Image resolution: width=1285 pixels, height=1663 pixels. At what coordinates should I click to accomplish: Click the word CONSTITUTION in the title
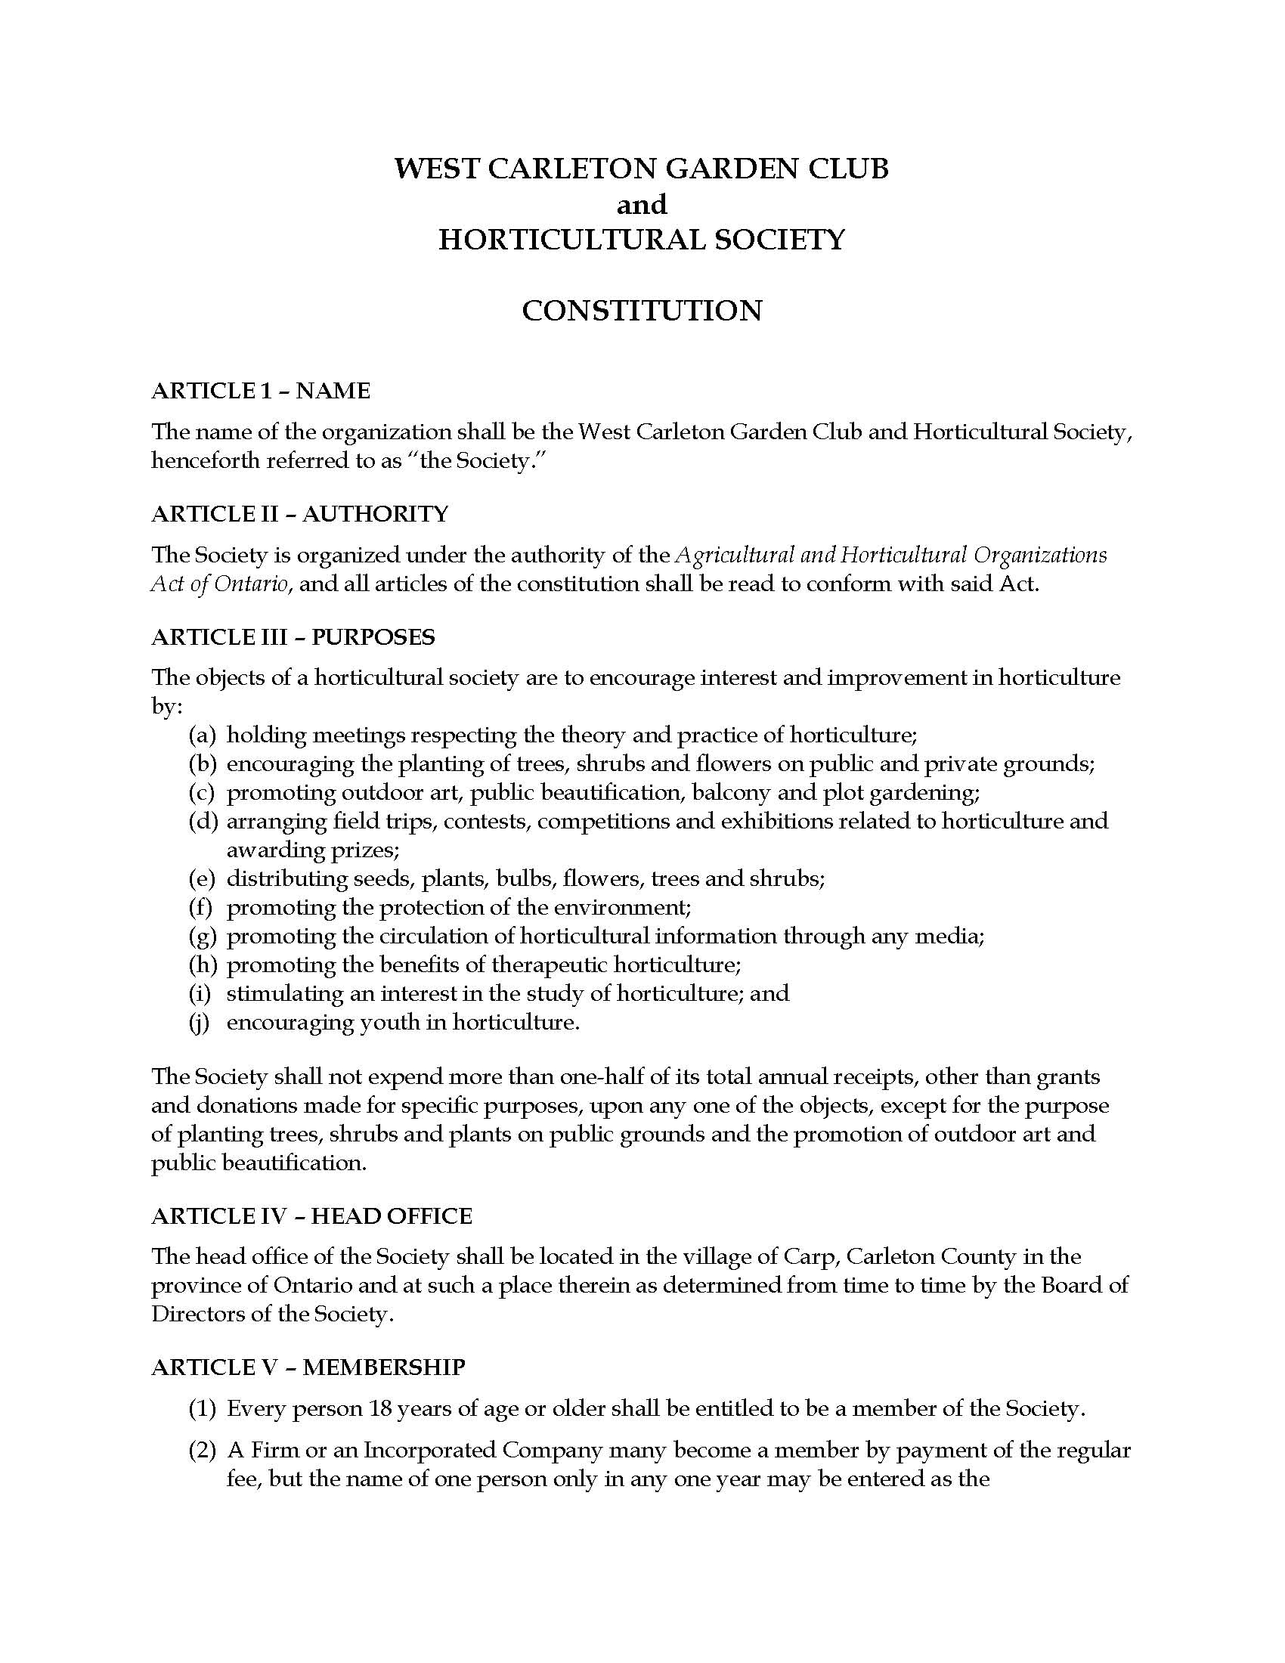click(x=642, y=311)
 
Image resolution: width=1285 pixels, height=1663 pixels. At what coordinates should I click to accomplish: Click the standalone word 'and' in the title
click(x=642, y=204)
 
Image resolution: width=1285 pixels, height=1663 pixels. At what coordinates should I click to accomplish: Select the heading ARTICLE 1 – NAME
click(x=260, y=391)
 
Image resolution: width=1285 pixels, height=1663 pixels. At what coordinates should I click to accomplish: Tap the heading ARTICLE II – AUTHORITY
click(x=299, y=514)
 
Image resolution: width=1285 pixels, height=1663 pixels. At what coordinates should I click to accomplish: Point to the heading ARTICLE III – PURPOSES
click(x=293, y=636)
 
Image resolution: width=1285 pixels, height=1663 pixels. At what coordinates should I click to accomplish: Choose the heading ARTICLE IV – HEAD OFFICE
click(x=311, y=1216)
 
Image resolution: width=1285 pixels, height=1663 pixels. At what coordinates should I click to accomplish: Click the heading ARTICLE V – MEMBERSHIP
click(x=308, y=1367)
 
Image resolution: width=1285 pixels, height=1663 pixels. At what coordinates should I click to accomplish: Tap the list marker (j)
click(x=200, y=1022)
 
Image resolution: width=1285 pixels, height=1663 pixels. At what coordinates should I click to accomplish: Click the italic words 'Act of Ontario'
click(x=219, y=585)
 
